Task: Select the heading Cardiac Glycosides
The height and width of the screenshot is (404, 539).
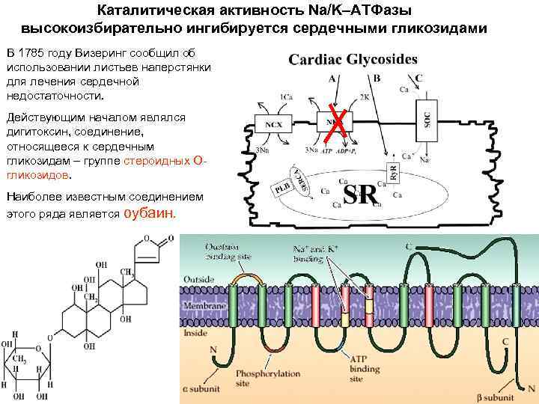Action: pyautogui.click(x=353, y=58)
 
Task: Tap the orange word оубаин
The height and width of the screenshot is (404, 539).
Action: pyautogui.click(x=149, y=212)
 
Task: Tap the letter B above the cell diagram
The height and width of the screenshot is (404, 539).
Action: pyautogui.click(x=377, y=78)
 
